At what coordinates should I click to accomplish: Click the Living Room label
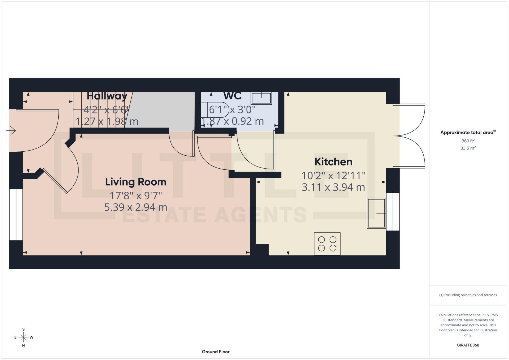[135, 182]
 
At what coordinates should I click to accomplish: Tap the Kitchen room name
[333, 162]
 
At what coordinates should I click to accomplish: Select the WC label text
[232, 96]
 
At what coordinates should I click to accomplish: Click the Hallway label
[107, 96]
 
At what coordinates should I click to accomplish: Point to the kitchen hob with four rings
[327, 244]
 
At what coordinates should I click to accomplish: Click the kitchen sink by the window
[376, 213]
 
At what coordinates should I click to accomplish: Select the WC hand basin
[261, 98]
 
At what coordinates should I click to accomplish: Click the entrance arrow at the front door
[11, 130]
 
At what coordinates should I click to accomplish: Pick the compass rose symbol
[24, 337]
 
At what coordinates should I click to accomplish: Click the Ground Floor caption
[216, 352]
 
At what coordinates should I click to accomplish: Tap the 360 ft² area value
[468, 141]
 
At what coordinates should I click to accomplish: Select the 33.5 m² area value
[468, 148]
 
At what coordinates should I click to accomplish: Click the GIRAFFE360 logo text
[468, 345]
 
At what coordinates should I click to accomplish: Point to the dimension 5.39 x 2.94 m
[135, 207]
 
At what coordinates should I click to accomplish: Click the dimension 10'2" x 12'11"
[333, 175]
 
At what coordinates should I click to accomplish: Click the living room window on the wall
[16, 215]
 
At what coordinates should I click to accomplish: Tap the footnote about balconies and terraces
[468, 295]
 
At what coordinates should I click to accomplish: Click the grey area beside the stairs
[162, 110]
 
